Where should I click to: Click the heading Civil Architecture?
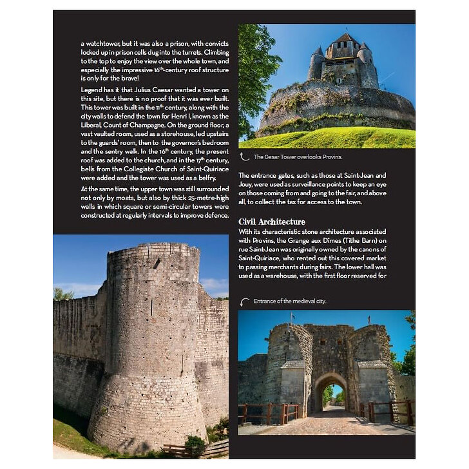coord(271,222)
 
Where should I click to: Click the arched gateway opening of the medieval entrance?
coord(330,394)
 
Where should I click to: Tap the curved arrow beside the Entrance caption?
coord(245,301)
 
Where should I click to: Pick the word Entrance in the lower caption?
coord(265,301)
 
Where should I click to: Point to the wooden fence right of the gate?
coord(390,410)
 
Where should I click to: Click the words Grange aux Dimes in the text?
coord(315,240)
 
